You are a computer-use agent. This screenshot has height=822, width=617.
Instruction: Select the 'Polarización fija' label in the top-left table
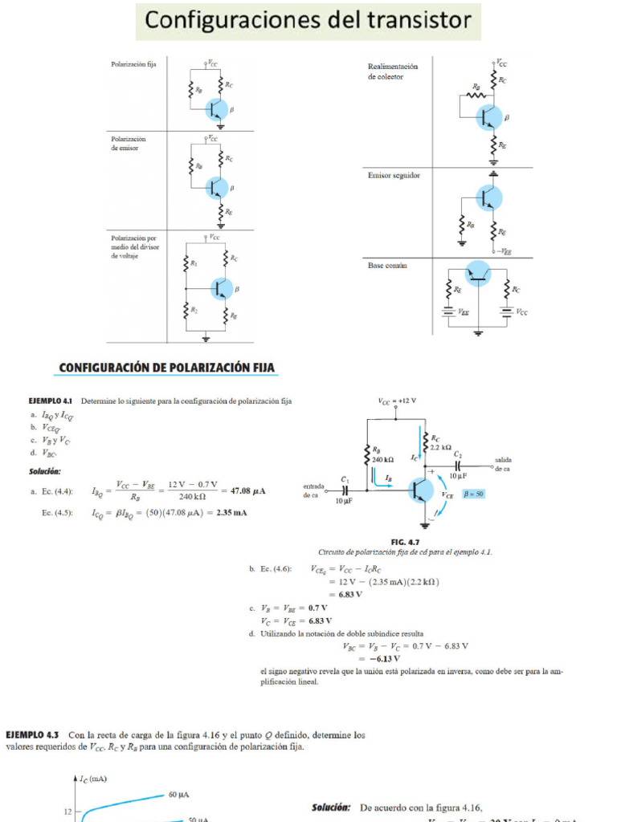(x=133, y=63)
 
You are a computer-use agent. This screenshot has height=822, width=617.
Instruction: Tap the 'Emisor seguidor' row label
(x=394, y=175)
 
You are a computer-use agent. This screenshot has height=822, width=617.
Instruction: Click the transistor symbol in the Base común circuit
(x=478, y=274)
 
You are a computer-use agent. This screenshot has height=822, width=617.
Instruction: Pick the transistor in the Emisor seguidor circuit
(x=488, y=197)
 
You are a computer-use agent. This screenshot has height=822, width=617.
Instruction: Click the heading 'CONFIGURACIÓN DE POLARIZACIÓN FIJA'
(x=167, y=368)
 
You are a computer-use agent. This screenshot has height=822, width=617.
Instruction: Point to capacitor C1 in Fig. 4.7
(x=345, y=488)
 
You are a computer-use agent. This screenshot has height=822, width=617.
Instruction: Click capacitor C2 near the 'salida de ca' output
(x=458, y=466)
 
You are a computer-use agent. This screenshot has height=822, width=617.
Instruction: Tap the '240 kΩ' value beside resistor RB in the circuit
(x=383, y=460)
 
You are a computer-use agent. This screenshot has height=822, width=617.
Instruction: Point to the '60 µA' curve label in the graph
(x=178, y=795)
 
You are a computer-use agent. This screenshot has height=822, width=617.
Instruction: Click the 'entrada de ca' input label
(x=313, y=490)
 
